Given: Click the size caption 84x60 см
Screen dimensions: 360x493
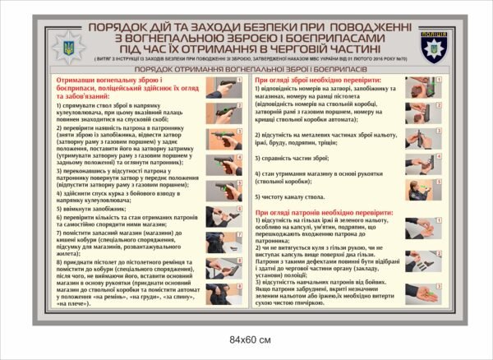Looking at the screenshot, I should coord(246,340).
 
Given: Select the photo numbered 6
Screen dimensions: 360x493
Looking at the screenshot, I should coord(223,216).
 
